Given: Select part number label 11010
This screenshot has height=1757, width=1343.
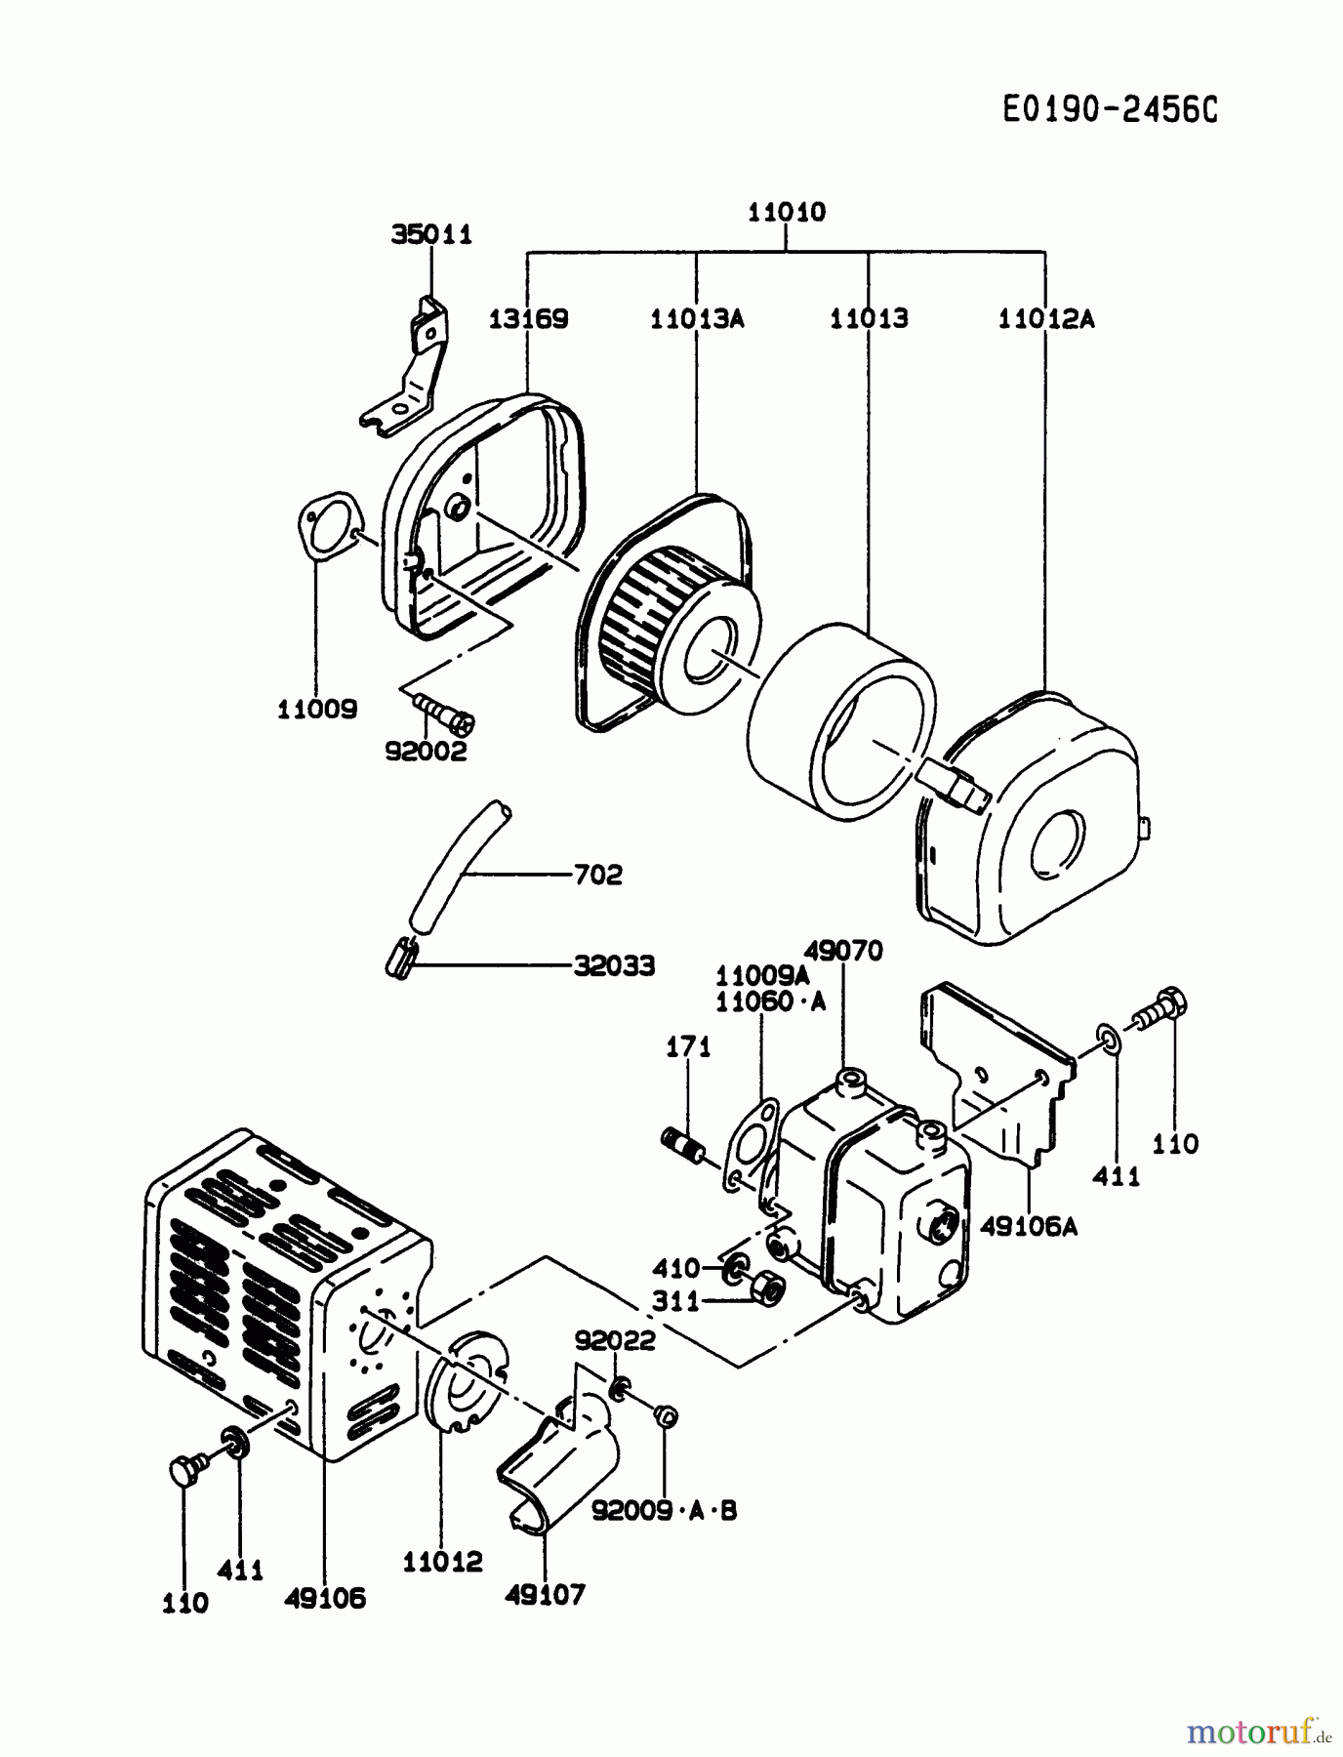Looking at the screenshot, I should tap(786, 212).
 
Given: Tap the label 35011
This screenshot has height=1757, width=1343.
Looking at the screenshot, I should tap(431, 234).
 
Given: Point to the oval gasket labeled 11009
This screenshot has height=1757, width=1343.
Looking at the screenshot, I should tap(327, 527).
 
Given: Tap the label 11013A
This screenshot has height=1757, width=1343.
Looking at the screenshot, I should tap(697, 319).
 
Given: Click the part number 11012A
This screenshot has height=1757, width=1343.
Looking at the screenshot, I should tap(1045, 319).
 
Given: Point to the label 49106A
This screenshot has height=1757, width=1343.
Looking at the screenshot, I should tap(1028, 1227).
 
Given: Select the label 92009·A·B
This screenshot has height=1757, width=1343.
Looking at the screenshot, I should tap(664, 1511).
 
